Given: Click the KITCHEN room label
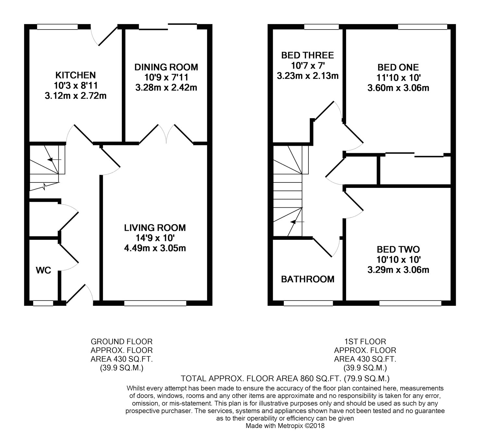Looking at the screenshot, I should pos(76,75).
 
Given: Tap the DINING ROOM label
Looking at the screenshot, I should pos(166,67).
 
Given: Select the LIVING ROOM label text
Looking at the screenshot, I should pos(155,228).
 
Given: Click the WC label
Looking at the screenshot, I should pos(43,270).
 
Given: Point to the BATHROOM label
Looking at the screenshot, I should pos(307,279).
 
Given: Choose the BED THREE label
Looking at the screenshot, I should pos(307,55).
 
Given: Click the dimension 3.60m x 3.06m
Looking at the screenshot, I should pos(398,88).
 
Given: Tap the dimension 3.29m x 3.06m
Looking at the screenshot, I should pos(398,270).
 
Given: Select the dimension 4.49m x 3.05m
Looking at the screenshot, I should pos(155,248).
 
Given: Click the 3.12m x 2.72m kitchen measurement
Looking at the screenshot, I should pos(76,96).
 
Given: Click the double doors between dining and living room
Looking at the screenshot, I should pos(166,134).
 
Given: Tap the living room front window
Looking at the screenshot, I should pos(155,303).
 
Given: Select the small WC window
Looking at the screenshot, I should pos(43,303).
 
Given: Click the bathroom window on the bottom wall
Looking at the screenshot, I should pos(308,303).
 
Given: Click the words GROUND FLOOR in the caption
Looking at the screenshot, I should pos(121,342).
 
